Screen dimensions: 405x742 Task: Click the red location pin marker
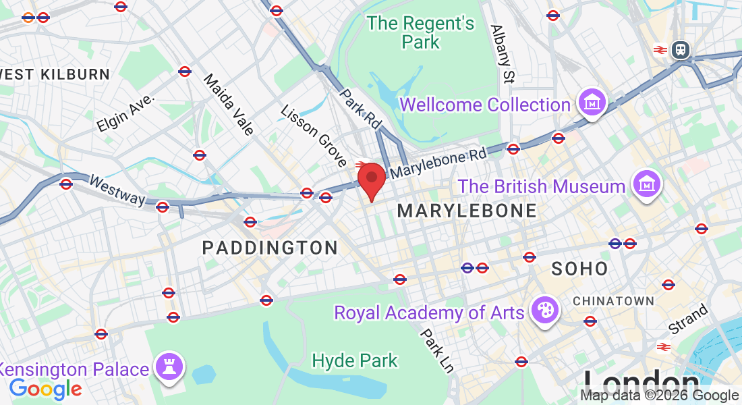point(371,180)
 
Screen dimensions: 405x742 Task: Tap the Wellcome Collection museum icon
point(593,103)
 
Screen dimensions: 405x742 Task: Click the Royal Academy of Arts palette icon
point(543,311)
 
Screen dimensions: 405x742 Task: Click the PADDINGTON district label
point(270,248)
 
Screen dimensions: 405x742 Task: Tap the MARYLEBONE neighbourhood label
point(467,211)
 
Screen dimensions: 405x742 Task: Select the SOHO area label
point(579,269)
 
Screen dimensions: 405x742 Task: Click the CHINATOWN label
point(614,300)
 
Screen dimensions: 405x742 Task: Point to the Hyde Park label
point(355,360)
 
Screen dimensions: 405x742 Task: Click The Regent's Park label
point(421,32)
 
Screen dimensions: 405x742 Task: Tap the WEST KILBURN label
point(55,74)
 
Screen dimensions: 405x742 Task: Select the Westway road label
point(117,190)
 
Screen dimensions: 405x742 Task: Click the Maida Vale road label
point(229,104)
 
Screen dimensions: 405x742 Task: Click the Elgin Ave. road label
point(125,113)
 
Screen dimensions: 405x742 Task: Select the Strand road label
point(688,319)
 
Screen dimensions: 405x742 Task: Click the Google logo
point(45,389)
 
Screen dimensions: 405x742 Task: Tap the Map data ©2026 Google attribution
point(659,396)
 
